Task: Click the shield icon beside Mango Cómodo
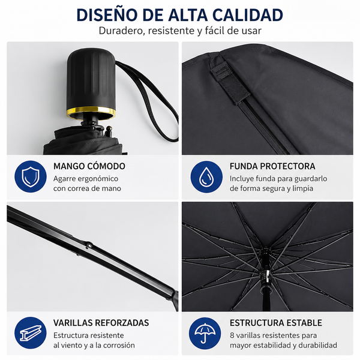coord(31,176)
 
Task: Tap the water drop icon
coord(206,176)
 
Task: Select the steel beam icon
coord(31,333)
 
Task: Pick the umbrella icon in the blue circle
coord(205,333)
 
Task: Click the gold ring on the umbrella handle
coord(91,113)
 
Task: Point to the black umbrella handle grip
coord(91,79)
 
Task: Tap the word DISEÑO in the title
coord(107,15)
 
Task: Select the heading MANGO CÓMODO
coord(89,166)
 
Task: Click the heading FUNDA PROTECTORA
coord(272,166)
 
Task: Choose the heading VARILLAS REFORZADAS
coord(101,323)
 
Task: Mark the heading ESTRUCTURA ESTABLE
coord(276,323)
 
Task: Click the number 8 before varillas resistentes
coord(232,335)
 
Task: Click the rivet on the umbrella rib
coord(89,245)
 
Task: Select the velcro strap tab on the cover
coord(230,79)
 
